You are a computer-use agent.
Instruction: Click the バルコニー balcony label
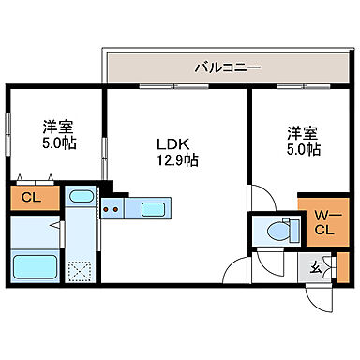228,67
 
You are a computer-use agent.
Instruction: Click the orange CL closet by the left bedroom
30,198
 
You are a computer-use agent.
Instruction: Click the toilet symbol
278,230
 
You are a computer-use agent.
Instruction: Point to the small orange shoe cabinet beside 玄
341,268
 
